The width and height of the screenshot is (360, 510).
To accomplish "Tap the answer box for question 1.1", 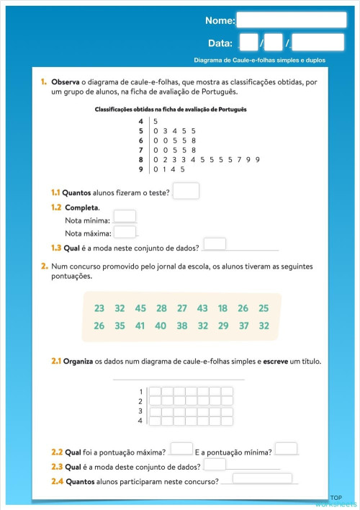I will (x=186, y=192).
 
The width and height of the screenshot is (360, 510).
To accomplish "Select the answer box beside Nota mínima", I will (x=125, y=216).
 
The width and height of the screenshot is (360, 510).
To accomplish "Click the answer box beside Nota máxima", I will (x=125, y=232).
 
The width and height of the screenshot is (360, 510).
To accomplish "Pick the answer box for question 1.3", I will (x=215, y=244).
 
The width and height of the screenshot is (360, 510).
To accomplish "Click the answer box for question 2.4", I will (x=261, y=478).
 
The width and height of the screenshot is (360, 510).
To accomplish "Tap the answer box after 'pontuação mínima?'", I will (x=286, y=449).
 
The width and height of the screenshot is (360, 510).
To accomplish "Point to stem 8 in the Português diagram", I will (x=141, y=159).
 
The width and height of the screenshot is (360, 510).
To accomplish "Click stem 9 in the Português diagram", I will (x=141, y=169).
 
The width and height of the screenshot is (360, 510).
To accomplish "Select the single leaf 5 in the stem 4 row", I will (x=155, y=121).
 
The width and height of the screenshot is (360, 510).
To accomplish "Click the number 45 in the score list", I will (x=140, y=308).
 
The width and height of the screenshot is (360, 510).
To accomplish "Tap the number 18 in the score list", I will (x=222, y=308).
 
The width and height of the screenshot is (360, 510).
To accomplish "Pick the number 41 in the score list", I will (x=140, y=326).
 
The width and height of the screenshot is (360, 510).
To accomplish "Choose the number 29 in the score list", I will (x=222, y=326).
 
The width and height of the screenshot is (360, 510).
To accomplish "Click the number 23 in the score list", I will (x=99, y=308).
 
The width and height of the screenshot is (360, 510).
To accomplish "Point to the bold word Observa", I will (x=66, y=82).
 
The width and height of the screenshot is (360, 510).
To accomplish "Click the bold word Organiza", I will (x=80, y=360).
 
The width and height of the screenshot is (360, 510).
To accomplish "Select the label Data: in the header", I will (x=220, y=43).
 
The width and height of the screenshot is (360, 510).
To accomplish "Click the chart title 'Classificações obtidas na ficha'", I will (x=171, y=109).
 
